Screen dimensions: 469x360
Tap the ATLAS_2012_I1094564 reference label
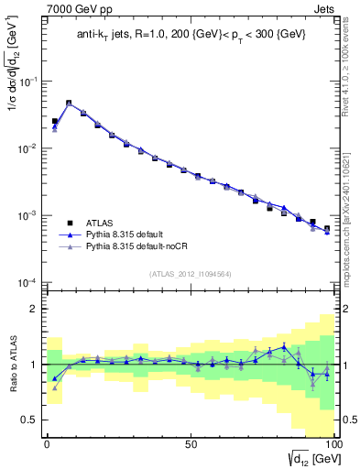tap(190, 273)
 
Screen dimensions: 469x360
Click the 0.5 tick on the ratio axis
tap(30, 419)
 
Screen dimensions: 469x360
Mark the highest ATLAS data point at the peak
tap(69, 104)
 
